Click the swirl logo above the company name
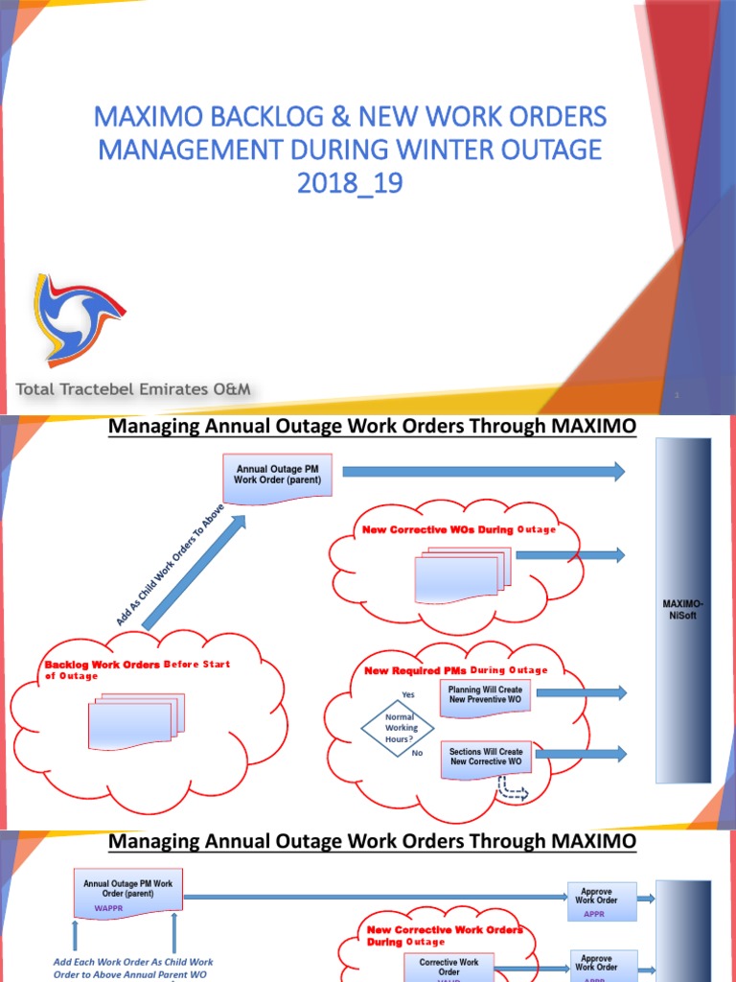[x=76, y=320]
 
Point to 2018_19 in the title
[x=350, y=182]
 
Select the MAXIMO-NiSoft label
[x=682, y=610]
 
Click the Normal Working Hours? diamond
[x=401, y=728]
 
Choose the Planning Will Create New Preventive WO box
[x=485, y=695]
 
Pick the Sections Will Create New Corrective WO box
[x=485, y=757]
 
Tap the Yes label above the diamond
[x=408, y=695]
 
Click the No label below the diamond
[x=416, y=754]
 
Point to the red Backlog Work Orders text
[x=101, y=664]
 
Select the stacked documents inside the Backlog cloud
[x=135, y=715]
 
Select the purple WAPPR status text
[x=108, y=906]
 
